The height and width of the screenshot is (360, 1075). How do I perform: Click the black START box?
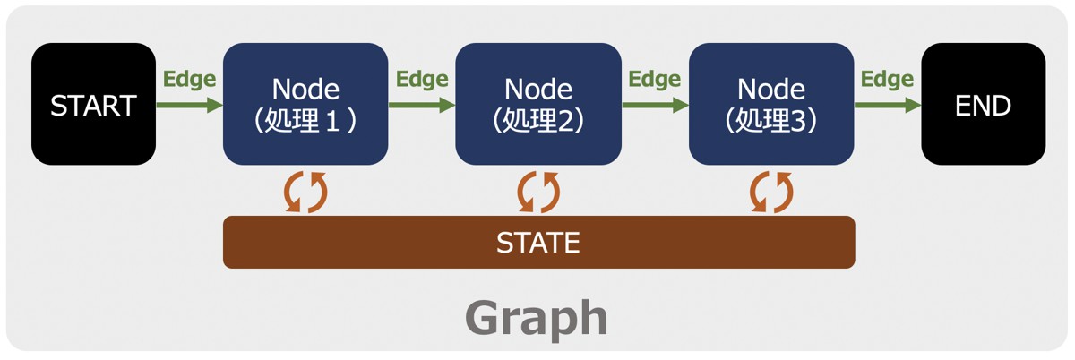[x=93, y=104]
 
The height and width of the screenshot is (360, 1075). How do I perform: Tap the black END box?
[x=983, y=104]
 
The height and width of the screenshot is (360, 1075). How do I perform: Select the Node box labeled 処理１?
[x=305, y=104]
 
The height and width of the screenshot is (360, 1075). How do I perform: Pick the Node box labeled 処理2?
[x=538, y=104]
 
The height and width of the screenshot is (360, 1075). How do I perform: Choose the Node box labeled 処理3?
[x=771, y=104]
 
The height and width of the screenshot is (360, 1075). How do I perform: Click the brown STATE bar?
[x=538, y=242]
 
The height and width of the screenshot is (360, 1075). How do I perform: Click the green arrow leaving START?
[x=189, y=105]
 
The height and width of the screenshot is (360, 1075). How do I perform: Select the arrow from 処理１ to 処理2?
[x=422, y=105]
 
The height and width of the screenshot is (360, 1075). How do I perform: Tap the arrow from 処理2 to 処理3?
[x=655, y=105]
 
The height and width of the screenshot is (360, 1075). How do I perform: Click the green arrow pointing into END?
[x=888, y=105]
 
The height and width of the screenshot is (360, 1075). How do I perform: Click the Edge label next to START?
[x=189, y=79]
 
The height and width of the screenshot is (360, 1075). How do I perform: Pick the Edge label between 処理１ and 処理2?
[x=422, y=79]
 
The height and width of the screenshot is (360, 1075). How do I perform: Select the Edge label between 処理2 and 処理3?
[x=655, y=79]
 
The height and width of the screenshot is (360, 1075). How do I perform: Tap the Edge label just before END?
[x=888, y=79]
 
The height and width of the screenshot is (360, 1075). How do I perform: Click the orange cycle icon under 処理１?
[x=305, y=191]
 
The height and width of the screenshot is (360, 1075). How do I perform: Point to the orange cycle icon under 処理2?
[x=538, y=191]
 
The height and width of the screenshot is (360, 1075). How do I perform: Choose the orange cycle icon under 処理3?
[x=771, y=191]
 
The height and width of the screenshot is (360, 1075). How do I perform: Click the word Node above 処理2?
[x=538, y=89]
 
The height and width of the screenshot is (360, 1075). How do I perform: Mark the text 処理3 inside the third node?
[x=771, y=121]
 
